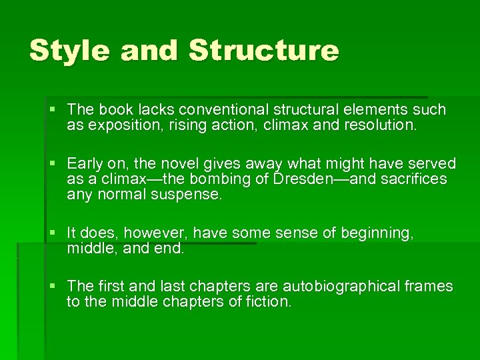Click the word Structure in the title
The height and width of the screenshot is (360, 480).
tap(264, 51)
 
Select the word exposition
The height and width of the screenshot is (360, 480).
tap(117, 125)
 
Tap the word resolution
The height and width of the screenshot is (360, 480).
tap(378, 125)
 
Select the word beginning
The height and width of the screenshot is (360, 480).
tap(377, 233)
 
